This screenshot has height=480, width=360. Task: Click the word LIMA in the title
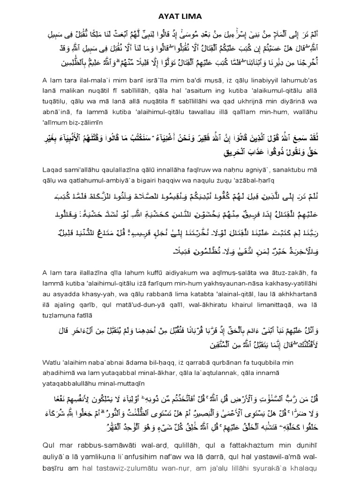(191, 16)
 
